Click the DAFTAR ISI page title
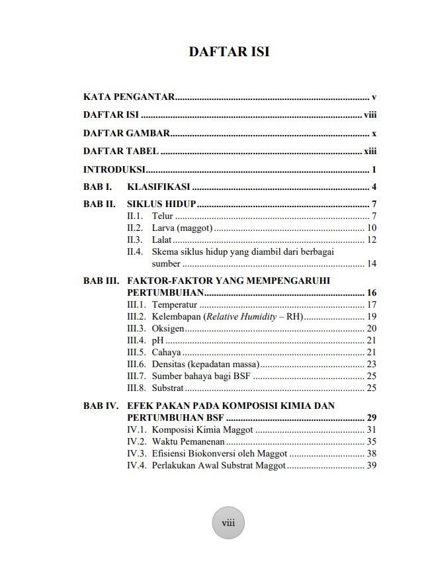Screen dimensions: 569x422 point(229,52)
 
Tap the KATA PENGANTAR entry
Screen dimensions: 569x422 point(129,97)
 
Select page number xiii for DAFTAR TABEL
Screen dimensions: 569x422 point(370,151)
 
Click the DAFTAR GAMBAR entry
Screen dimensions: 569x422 point(126,133)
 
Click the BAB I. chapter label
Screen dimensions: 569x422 point(97,187)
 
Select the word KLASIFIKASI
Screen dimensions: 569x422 point(159,187)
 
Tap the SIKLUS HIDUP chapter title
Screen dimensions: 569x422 point(161,204)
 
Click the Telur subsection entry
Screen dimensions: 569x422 point(162,216)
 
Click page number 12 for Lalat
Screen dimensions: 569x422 point(371,240)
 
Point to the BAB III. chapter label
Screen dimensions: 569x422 point(101,281)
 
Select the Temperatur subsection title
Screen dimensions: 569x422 point(175,304)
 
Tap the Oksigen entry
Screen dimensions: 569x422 point(168,328)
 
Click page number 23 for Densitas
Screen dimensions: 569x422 point(371,364)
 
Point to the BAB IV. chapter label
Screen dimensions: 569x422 point(101,406)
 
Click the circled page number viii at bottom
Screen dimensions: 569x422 point(228,523)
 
